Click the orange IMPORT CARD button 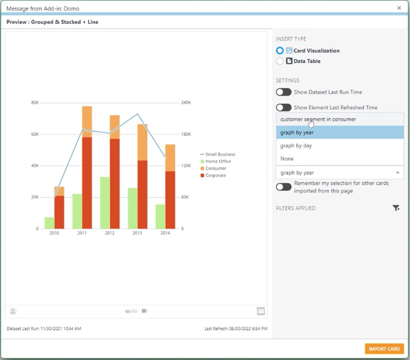click(x=384, y=349)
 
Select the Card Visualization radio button click(x=280, y=51)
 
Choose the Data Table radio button click(x=280, y=61)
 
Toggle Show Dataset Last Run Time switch click(x=284, y=92)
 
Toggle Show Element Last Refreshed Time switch click(x=284, y=107)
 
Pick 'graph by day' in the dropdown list click(x=296, y=146)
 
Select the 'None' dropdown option click(x=287, y=159)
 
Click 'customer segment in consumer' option click(x=318, y=119)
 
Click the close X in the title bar click(x=399, y=8)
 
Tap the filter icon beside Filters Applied click(x=396, y=208)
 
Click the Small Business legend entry click(x=220, y=154)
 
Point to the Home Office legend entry click(x=218, y=161)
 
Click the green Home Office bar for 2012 click(x=105, y=203)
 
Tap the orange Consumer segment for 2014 click(x=170, y=158)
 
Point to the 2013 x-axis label click(x=137, y=233)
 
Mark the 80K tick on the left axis click(x=34, y=103)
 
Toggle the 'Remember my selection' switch click(x=284, y=187)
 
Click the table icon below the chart click(x=261, y=311)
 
